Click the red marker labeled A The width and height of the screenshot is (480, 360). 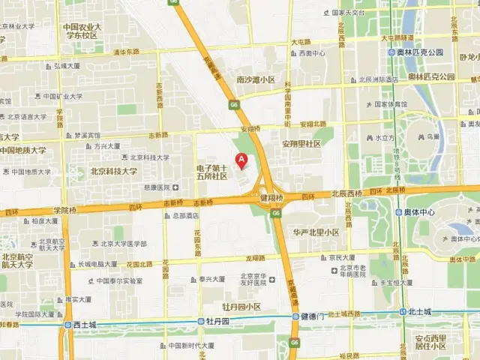(241, 160)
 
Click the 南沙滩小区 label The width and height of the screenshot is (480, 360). (256, 79)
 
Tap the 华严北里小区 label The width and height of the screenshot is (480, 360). (316, 232)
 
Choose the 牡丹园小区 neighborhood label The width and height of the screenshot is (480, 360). (241, 307)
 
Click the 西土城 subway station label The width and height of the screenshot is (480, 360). (85, 325)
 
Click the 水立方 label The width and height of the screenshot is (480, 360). (385, 138)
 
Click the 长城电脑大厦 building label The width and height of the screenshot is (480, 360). (97, 264)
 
